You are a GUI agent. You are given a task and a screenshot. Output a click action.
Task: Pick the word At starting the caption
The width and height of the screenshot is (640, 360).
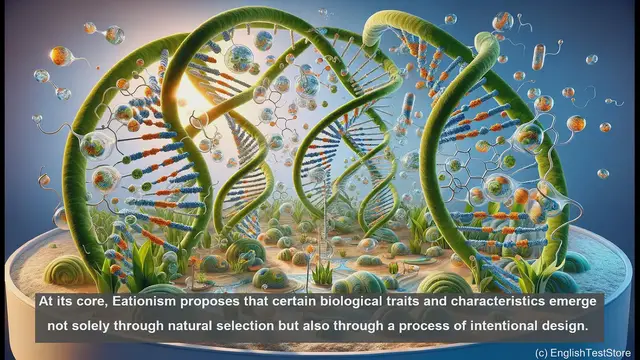click(x=46, y=300)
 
